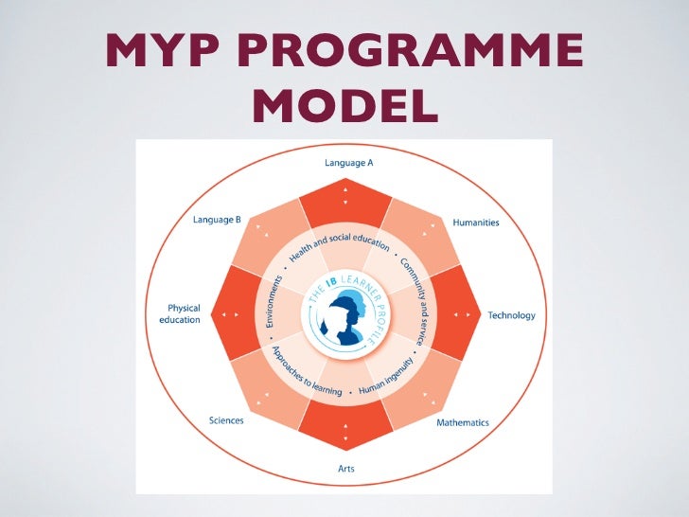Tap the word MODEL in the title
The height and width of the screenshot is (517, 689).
344,107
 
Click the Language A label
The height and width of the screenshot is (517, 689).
348,163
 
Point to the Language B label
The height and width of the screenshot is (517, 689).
217,220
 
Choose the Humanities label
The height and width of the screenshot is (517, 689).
476,223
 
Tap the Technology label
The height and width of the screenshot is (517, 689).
511,315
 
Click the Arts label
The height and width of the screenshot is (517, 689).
345,467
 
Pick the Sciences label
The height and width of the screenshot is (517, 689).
226,420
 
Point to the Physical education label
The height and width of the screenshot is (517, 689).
179,313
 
